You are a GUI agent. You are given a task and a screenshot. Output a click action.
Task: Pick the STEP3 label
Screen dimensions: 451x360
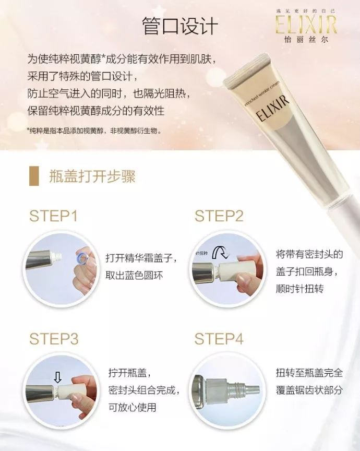pos(53,339)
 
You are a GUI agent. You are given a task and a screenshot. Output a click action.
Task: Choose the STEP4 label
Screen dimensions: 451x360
pos(219,339)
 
